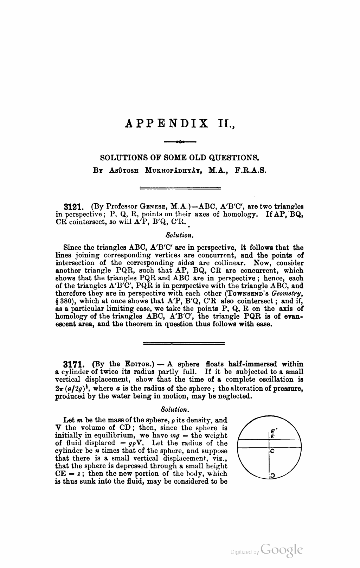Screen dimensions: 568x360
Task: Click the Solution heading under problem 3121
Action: (x=180, y=234)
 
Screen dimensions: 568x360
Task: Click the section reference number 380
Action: (x=66, y=301)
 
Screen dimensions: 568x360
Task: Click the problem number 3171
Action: (x=72, y=364)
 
